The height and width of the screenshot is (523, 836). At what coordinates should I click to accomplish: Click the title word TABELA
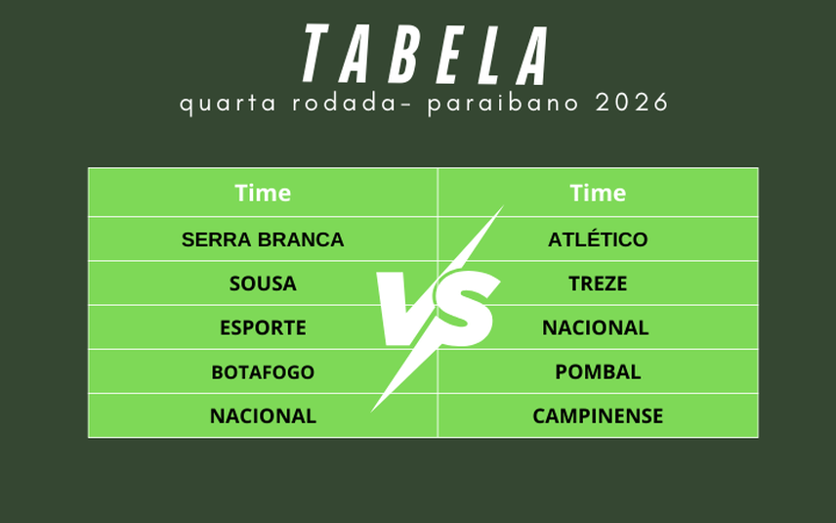coord(426,55)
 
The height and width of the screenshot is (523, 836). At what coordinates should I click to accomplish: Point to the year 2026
coord(632,104)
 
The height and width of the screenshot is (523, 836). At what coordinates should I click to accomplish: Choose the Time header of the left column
coord(263,193)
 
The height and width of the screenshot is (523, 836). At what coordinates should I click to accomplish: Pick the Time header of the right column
coord(598,193)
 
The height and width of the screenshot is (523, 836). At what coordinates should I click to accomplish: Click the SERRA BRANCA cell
coord(263,240)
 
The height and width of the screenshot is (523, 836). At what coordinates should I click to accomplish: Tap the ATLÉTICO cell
coord(598,240)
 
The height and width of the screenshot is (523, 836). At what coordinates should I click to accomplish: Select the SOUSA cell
coord(263,283)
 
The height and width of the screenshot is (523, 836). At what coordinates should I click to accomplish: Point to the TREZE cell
coord(598,283)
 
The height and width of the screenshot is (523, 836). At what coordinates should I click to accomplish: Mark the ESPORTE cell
coord(263,327)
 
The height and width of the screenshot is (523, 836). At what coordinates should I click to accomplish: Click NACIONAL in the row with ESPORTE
coord(596,327)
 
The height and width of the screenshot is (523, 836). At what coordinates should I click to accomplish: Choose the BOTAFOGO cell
coord(263,372)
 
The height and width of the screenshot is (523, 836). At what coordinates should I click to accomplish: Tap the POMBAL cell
coord(598,372)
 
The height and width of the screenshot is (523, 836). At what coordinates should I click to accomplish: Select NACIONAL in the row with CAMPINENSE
coord(263,416)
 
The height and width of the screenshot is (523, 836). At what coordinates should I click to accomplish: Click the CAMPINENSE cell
coord(598,416)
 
